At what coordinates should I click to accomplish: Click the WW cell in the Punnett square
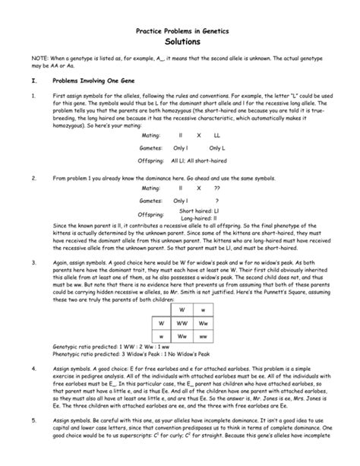(x=182, y=322)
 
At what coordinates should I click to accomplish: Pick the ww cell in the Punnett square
(x=203, y=336)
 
